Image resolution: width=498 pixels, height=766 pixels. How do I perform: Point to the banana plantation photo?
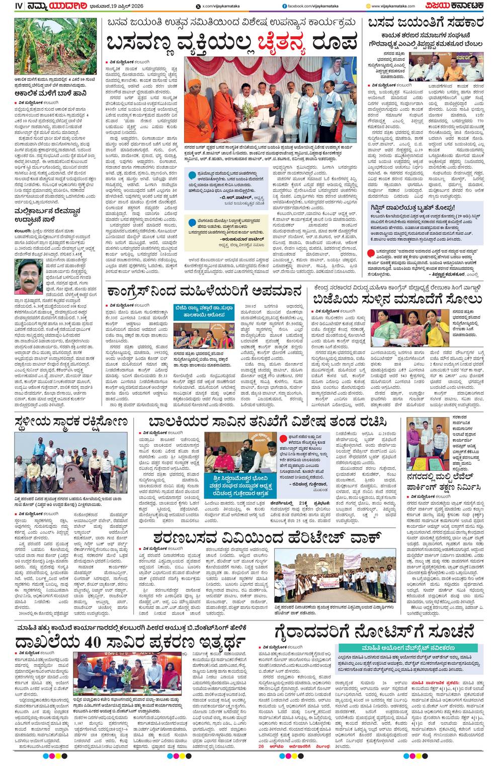tap(55, 46)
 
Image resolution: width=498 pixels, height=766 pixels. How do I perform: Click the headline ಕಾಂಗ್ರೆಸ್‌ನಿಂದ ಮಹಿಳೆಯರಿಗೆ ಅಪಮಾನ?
tap(203, 292)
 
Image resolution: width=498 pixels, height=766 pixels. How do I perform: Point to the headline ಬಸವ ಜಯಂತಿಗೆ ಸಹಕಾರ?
tap(426, 23)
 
